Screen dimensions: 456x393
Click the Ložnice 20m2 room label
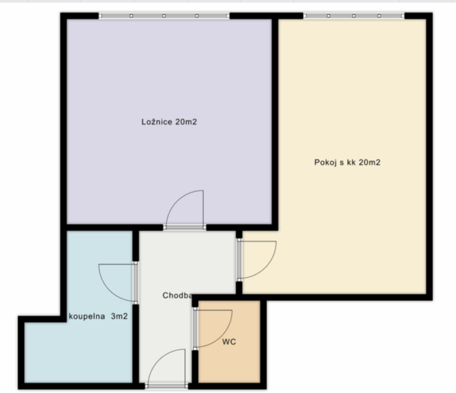point(169,122)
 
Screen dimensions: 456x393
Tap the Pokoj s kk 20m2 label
point(347,162)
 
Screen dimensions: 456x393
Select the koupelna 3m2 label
point(98,316)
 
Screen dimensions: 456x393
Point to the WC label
point(229,342)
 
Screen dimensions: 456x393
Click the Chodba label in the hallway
point(177,295)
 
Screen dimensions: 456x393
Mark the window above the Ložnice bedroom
point(164,15)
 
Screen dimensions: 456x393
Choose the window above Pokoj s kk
point(354,15)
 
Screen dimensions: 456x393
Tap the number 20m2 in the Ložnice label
point(186,122)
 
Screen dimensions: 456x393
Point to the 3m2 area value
point(119,316)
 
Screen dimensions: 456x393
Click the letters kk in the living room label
point(351,162)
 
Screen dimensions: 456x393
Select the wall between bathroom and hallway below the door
point(135,344)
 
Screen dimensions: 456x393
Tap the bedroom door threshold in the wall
point(185,227)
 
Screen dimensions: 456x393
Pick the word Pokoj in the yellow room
point(325,162)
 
